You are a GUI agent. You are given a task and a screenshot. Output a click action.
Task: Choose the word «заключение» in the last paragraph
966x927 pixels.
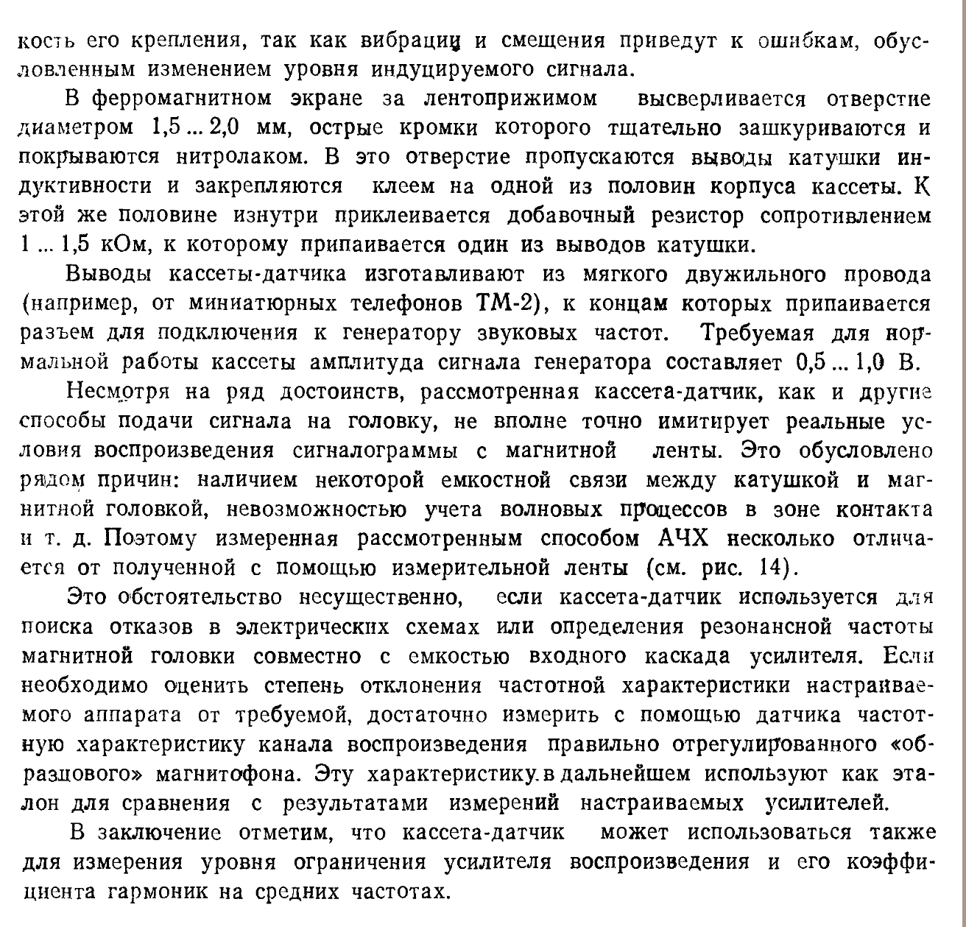[159, 833]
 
